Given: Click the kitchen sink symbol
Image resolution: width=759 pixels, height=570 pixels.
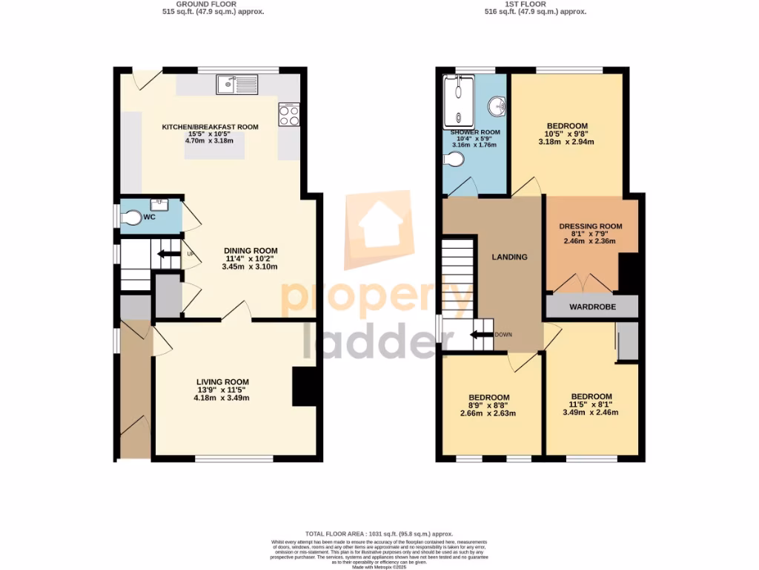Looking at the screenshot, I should click(x=238, y=85).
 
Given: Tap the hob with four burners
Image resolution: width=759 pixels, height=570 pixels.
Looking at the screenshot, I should click(x=288, y=115).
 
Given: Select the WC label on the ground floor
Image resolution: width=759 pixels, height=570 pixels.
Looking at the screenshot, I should click(x=149, y=217).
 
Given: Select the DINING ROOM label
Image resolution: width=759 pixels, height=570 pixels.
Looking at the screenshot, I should click(x=251, y=250).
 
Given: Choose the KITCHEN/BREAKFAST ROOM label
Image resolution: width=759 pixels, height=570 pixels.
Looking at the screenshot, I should click(x=210, y=127).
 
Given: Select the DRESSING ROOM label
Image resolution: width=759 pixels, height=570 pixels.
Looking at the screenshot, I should click(x=590, y=226).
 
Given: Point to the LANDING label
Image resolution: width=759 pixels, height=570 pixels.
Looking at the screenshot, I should click(x=510, y=258).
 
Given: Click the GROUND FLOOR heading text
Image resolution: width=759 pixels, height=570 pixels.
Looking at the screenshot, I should click(x=213, y=4).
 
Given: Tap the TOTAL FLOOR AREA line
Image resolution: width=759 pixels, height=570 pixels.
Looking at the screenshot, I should click(x=379, y=534).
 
